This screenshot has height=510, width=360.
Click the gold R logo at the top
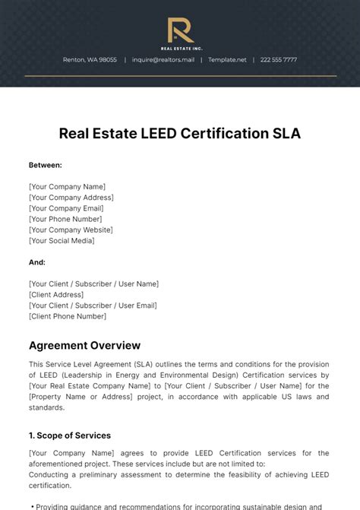click(180, 30)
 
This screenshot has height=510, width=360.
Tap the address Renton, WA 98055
click(90, 59)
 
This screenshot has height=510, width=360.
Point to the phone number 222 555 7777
click(279, 59)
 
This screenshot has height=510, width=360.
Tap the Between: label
click(46, 165)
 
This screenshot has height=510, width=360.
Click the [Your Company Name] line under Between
click(67, 186)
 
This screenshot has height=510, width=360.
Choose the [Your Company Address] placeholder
click(71, 197)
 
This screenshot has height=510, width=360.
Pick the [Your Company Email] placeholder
click(66, 208)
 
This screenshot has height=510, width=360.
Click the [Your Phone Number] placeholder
click(65, 219)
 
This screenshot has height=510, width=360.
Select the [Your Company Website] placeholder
click(71, 230)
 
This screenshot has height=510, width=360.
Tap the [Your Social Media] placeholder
click(62, 240)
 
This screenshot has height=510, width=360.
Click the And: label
click(37, 262)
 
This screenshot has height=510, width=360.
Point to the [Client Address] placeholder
click(56, 294)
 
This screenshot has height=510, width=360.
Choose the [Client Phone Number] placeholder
click(68, 316)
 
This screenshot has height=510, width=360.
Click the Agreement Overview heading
click(84, 345)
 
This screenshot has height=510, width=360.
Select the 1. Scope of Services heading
click(70, 436)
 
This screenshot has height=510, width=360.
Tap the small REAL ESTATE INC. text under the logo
click(180, 47)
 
